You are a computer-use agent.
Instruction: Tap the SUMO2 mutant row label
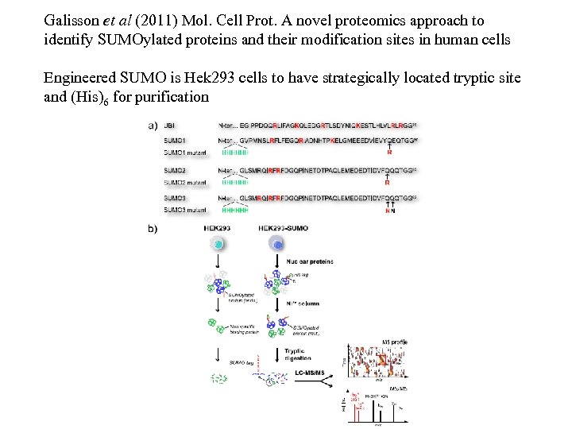[184, 183]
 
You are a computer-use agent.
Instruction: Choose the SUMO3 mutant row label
[184, 210]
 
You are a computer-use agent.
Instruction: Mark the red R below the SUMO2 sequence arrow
[387, 183]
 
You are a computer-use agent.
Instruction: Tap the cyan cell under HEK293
[218, 244]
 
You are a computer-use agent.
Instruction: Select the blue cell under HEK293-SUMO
[277, 244]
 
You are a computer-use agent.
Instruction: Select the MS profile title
[394, 342]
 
